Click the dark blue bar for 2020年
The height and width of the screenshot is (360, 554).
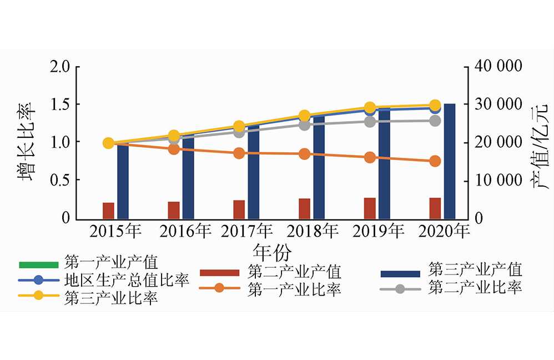[x=449, y=161]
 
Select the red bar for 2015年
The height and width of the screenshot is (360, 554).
[x=108, y=211]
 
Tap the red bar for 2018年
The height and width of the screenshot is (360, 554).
[x=304, y=208]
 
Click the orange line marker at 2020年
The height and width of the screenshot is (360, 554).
[x=435, y=161]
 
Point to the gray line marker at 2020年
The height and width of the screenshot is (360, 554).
[x=435, y=121]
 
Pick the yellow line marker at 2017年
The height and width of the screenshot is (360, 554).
[x=239, y=126]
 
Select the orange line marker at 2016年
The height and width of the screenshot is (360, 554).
[x=174, y=148]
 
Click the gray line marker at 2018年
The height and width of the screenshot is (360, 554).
[x=304, y=124]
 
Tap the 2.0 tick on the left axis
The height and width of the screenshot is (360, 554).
[x=61, y=67]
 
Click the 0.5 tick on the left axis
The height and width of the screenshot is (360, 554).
[x=61, y=181]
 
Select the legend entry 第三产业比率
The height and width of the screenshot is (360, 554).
[x=112, y=297]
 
